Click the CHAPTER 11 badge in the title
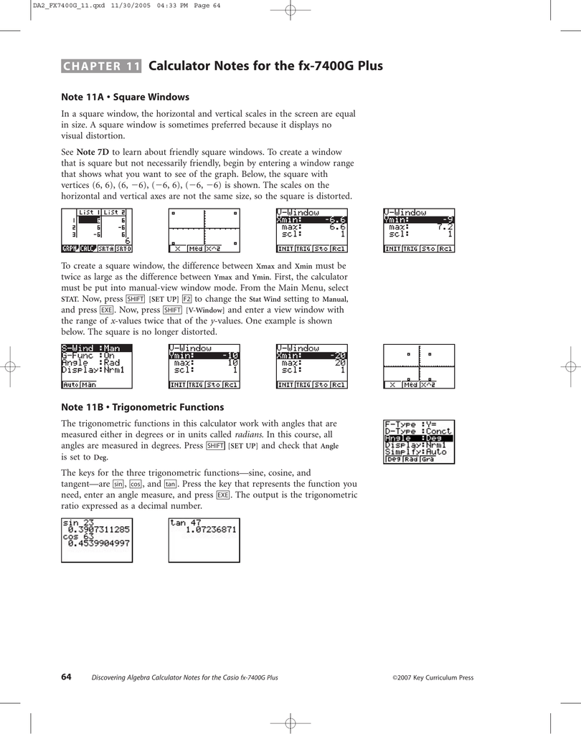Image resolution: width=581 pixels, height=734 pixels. pos(101,67)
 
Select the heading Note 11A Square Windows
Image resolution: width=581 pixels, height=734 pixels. pos(125,97)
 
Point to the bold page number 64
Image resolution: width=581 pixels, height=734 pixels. pos(66,677)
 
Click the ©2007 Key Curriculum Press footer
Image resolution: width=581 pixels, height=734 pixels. pos(433,677)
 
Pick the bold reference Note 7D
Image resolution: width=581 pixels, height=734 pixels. pos(93,152)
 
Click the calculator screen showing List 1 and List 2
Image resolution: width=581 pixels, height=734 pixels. pos(97,230)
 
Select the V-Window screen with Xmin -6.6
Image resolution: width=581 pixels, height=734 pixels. pos(311,230)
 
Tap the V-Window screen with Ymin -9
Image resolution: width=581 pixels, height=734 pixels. pos(419,230)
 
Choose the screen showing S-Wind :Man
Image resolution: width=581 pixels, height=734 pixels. pos(97,366)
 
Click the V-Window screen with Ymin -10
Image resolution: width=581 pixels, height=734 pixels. pos(204,366)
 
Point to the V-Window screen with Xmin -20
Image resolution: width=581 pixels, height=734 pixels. pos(311,366)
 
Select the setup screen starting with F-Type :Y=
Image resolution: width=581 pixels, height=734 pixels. pos(419,441)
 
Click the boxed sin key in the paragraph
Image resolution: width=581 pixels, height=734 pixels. pos(118,484)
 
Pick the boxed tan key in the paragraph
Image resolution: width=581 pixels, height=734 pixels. pos(170,484)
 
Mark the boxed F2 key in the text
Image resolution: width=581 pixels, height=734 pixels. pos(186,299)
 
